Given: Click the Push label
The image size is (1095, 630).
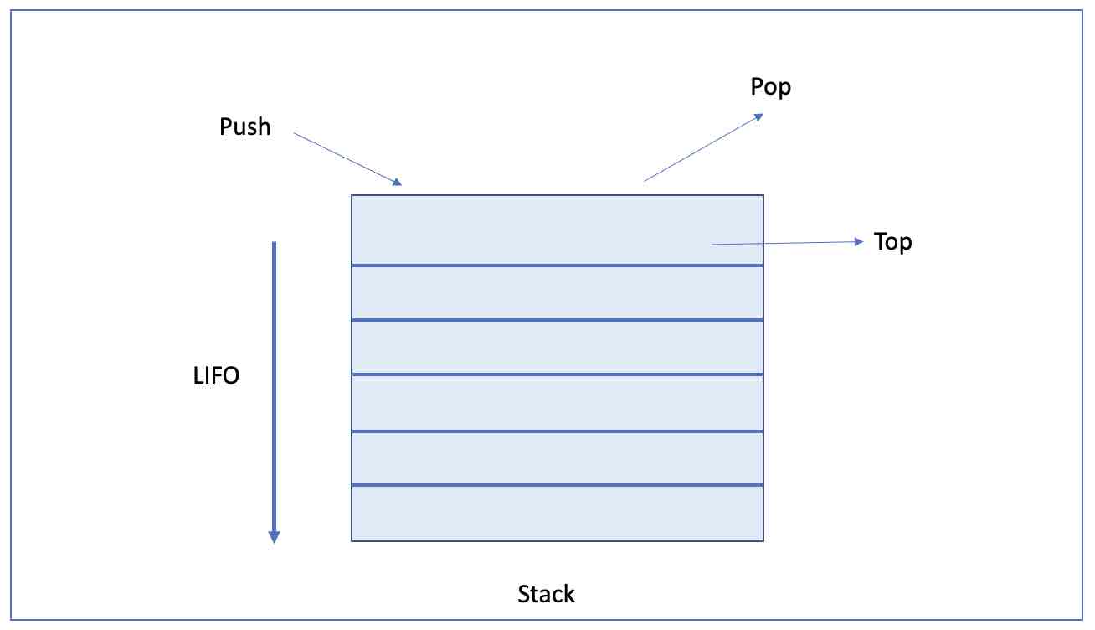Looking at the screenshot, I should tap(244, 127).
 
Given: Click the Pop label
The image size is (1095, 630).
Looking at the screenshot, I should tap(770, 87).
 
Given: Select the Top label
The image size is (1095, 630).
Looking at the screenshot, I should tap(892, 242).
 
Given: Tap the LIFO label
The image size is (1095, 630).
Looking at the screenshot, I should tap(216, 376).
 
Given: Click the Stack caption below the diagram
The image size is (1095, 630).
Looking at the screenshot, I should tap(546, 595).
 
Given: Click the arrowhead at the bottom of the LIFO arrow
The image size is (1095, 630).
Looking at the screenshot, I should tap(273, 536).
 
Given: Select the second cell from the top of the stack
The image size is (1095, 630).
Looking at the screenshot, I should tap(557, 292).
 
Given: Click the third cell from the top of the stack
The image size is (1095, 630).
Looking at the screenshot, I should tap(557, 347).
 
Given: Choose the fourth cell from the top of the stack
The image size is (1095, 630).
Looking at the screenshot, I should tap(557, 402).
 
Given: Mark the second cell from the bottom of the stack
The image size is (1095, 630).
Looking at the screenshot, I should tap(557, 457).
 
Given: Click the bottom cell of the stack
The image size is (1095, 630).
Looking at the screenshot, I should tap(557, 513).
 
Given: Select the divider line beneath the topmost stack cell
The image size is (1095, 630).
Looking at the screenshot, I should tap(557, 266).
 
